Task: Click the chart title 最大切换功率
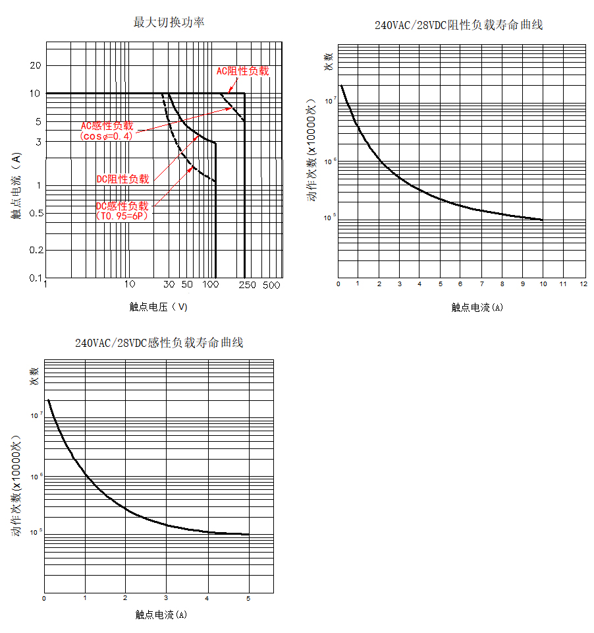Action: point(169,22)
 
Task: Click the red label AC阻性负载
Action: point(242,71)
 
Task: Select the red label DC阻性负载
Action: point(122,179)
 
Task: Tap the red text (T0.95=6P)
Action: point(122,216)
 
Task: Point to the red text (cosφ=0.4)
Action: point(106,136)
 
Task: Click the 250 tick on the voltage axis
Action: point(246,285)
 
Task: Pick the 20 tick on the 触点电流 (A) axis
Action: point(34,65)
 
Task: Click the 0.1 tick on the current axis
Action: point(34,278)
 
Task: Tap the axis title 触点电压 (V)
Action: point(159,307)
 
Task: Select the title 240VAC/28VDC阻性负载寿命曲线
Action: point(458,26)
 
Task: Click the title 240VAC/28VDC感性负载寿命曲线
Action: point(159,344)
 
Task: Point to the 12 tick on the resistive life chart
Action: point(583,284)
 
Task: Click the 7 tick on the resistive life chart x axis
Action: point(481,284)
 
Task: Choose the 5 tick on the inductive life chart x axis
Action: point(248,599)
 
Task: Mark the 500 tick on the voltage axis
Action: point(271,285)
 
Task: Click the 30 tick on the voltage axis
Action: point(169,285)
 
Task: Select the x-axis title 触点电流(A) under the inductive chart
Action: point(161,615)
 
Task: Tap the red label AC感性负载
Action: point(107,125)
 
